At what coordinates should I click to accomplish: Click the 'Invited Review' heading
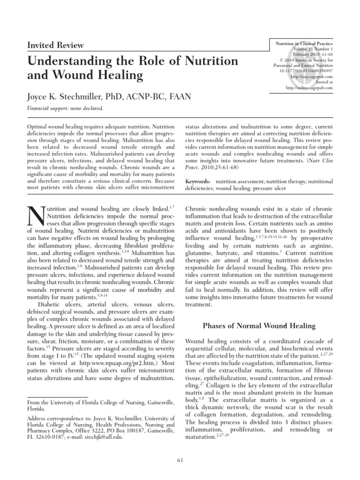tap(57, 45)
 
